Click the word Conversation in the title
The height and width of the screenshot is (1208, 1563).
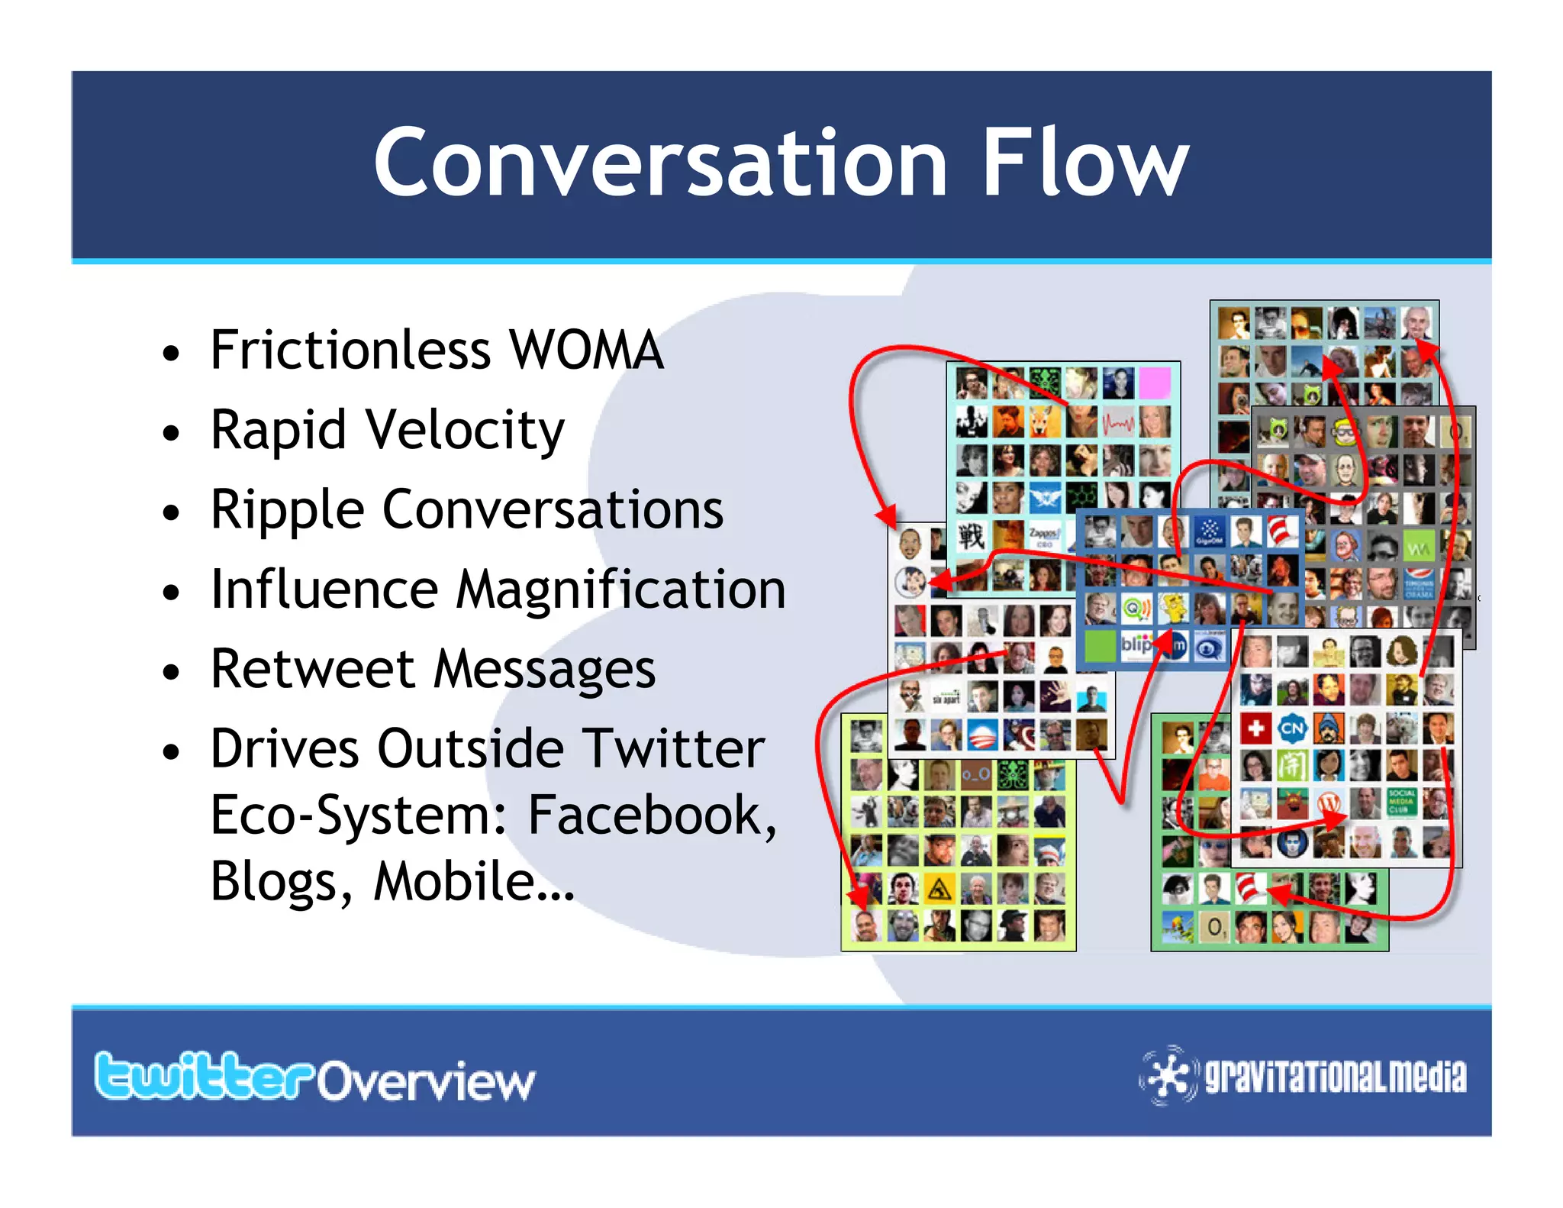[660, 163]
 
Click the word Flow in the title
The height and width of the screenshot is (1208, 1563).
[1084, 163]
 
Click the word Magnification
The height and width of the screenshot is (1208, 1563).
[620, 589]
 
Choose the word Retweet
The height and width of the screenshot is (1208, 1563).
[313, 669]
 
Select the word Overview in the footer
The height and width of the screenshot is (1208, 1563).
[426, 1081]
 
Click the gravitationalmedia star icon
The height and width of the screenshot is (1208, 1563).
[1168, 1075]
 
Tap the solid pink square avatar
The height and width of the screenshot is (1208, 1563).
[1154, 383]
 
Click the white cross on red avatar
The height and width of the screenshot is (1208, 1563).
[1255, 728]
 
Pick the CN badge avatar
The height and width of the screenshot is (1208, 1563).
[1291, 728]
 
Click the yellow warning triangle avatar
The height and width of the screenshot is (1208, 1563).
[939, 890]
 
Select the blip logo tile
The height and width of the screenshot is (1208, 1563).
[1135, 645]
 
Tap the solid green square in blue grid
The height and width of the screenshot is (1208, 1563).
[1100, 645]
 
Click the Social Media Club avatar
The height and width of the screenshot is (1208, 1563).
[1401, 801]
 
